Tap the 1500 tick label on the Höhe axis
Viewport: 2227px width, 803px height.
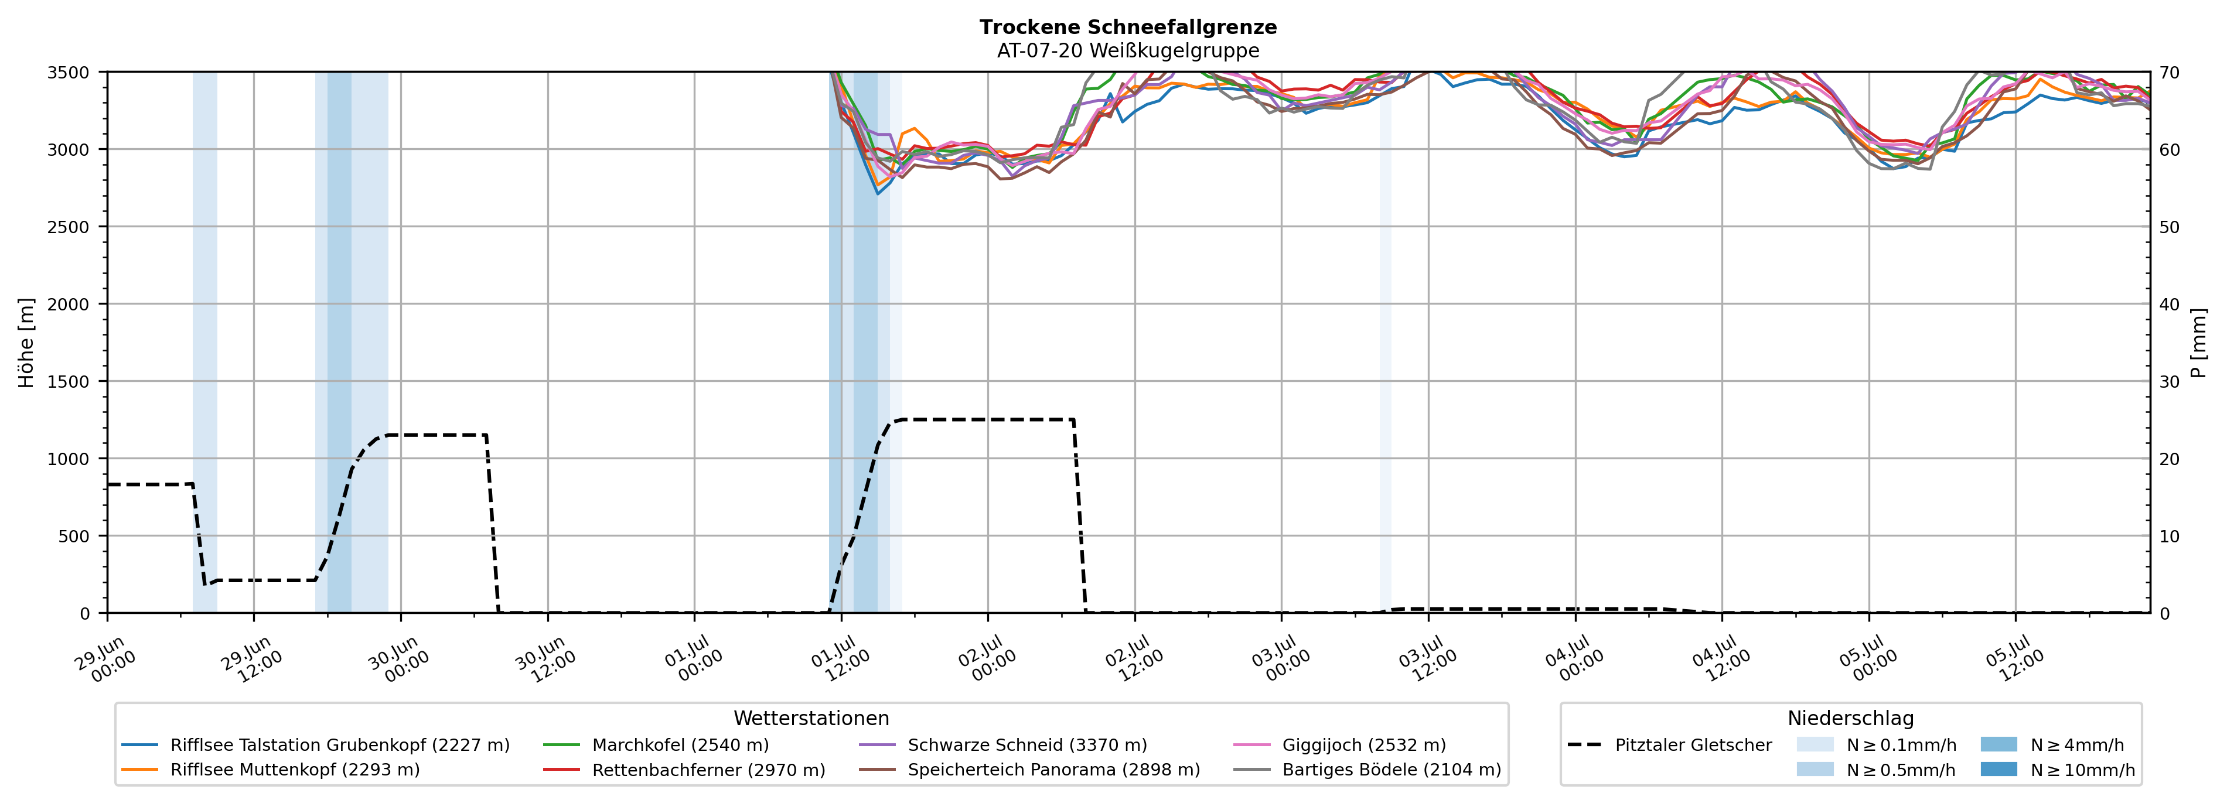[x=69, y=382]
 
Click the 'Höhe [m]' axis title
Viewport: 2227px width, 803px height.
[x=27, y=342]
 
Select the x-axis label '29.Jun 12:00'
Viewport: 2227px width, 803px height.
[x=253, y=659]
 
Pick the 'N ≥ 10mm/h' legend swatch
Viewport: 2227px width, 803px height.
[x=1998, y=769]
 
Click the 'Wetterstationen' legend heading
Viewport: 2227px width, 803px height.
[x=811, y=718]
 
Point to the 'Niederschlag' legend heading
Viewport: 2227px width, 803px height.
[x=1850, y=718]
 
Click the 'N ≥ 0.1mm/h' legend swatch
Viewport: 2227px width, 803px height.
[x=1815, y=744]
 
